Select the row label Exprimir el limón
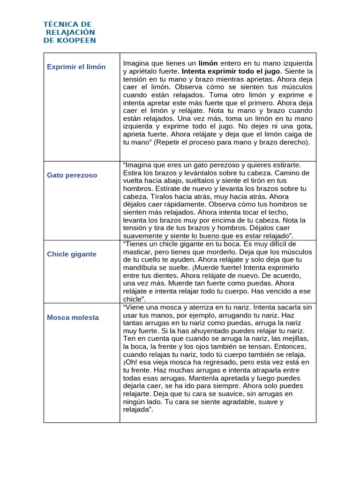(x=76, y=67)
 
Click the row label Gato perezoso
(x=72, y=175)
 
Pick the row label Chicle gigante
(x=71, y=254)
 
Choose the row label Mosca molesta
(x=73, y=317)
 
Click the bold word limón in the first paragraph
(x=208, y=63)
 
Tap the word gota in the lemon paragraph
(x=302, y=127)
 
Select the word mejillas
(x=292, y=339)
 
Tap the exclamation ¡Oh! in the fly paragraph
(x=129, y=362)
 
